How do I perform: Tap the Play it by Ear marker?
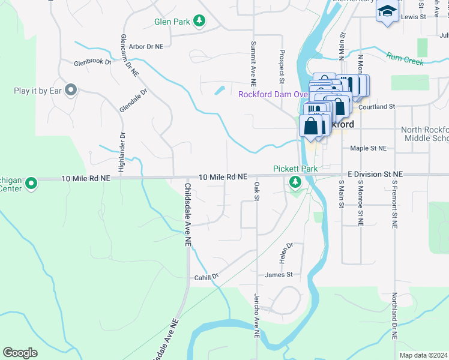click(x=71, y=91)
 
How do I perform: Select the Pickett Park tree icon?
click(x=295, y=182)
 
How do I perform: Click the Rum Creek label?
click(x=405, y=58)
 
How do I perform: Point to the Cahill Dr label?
click(x=206, y=277)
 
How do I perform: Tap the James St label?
click(x=279, y=275)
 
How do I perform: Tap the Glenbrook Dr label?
click(x=93, y=62)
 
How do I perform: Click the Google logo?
click(x=20, y=353)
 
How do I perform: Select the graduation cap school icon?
click(x=387, y=11)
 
